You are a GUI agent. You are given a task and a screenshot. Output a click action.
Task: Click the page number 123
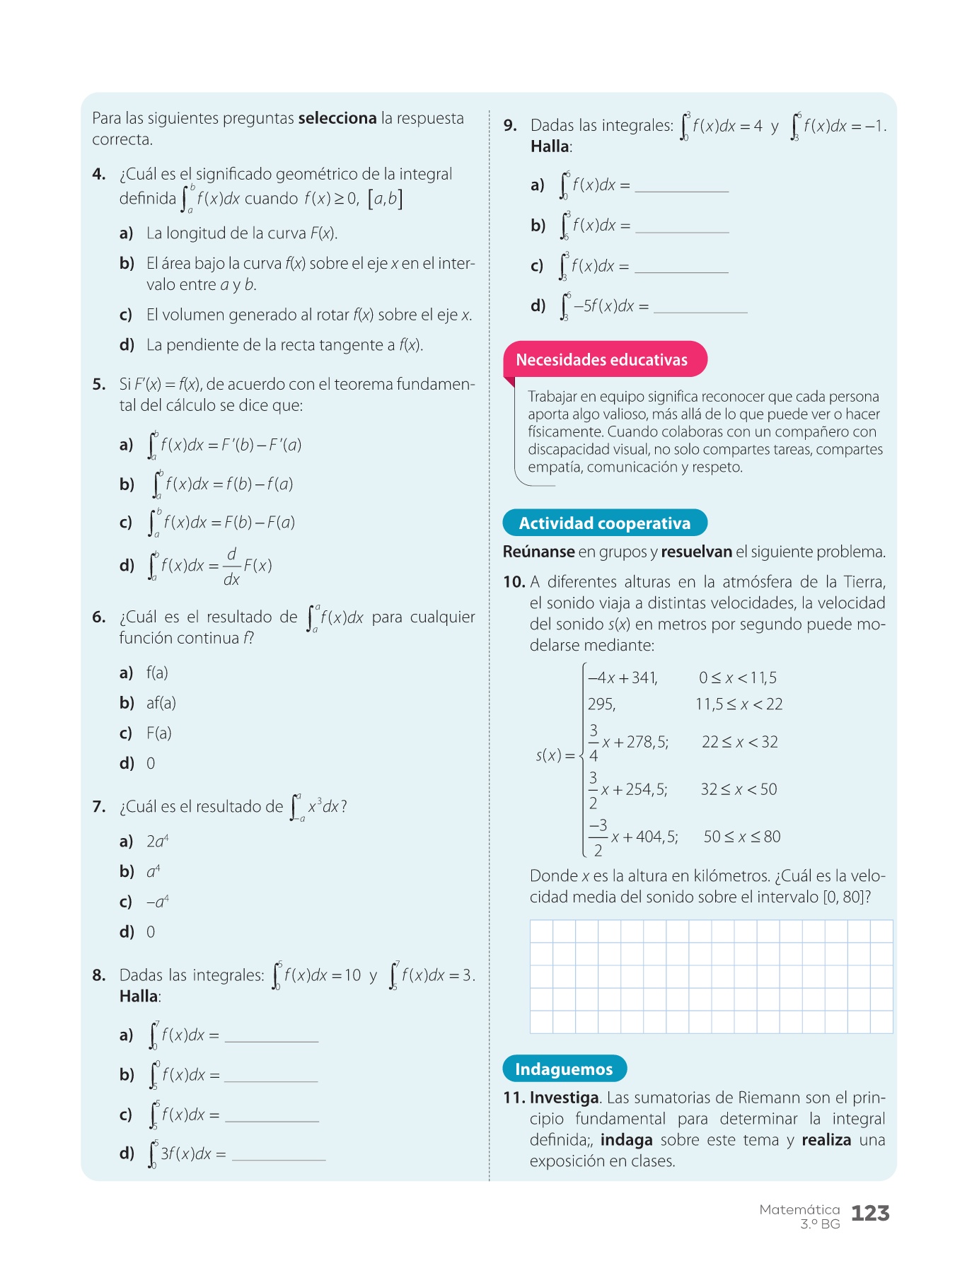point(870,1214)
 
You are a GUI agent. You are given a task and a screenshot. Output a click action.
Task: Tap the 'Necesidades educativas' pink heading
point(601,360)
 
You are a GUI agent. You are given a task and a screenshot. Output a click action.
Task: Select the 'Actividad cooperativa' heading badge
point(604,523)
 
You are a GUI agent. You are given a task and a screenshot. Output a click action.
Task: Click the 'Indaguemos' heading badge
point(564,1069)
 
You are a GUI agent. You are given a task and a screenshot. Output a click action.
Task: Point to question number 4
point(99,175)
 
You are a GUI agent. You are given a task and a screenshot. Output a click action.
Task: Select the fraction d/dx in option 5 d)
point(231,566)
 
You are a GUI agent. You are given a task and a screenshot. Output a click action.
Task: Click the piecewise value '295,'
point(601,704)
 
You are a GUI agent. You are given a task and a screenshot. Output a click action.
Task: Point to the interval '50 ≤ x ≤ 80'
point(741,837)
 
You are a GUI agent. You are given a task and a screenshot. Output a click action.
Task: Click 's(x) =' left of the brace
point(555,755)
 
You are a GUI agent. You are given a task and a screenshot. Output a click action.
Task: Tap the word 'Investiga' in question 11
point(565,1098)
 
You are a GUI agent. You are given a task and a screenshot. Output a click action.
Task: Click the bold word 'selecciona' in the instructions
point(337,118)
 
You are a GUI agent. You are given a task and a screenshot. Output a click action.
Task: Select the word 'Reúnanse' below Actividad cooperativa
point(538,552)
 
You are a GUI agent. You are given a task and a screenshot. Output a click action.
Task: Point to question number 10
point(514,582)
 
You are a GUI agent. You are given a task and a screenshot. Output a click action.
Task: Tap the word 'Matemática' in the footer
point(799,1209)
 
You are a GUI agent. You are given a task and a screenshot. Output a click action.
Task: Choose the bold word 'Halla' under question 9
point(550,146)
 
